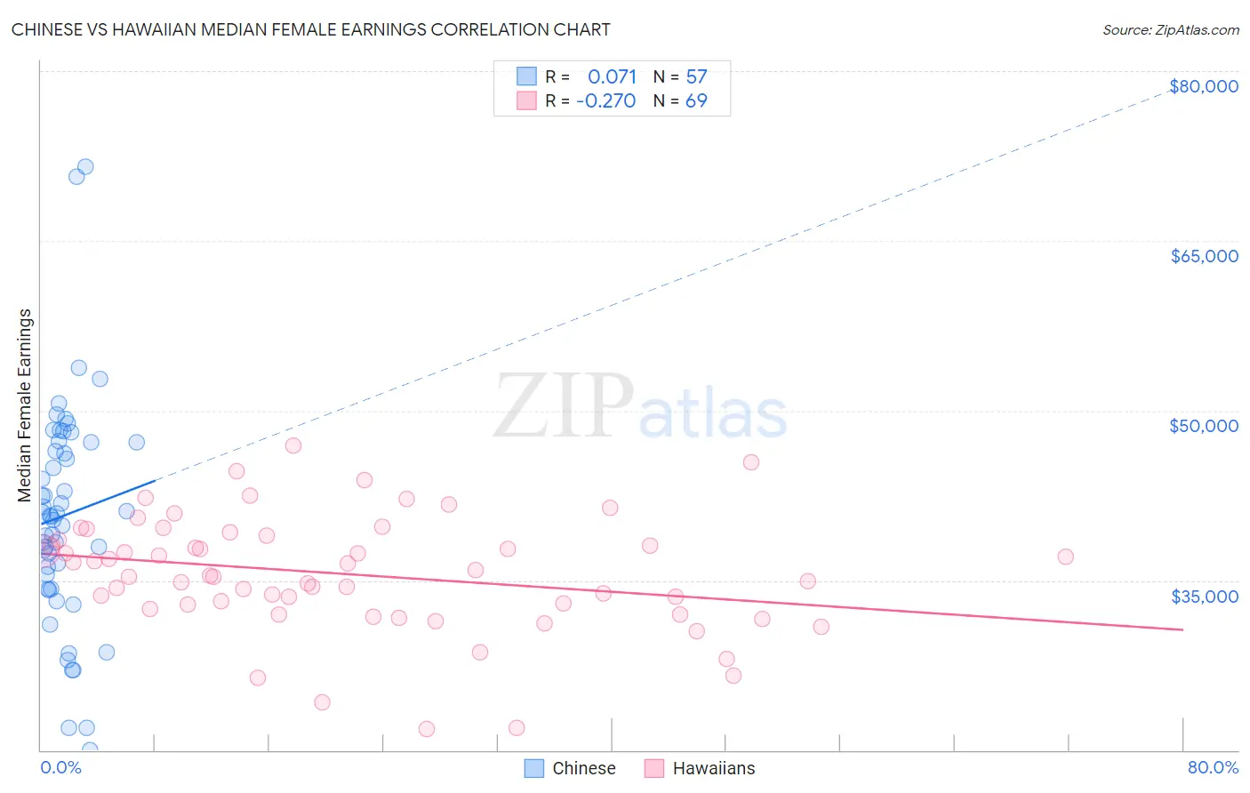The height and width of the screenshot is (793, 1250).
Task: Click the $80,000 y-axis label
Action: click(1204, 86)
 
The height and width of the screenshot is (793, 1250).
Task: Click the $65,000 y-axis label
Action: click(1204, 256)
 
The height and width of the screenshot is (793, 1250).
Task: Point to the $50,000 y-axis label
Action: click(1204, 426)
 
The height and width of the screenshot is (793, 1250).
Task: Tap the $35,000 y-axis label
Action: click(1204, 596)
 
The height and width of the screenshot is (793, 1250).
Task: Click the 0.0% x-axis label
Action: click(60, 767)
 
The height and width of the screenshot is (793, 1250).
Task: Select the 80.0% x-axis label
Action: click(1213, 767)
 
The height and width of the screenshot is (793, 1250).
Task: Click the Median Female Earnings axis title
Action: click(25, 405)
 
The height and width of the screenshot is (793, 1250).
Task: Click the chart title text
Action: click(310, 29)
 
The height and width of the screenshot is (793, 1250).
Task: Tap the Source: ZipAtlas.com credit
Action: click(1170, 30)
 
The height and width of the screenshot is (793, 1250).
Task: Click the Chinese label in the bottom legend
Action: click(583, 768)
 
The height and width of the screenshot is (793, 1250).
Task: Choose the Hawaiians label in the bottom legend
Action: click(713, 768)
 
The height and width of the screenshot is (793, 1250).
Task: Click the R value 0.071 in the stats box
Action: click(612, 77)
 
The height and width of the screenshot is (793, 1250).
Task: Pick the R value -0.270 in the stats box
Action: click(606, 101)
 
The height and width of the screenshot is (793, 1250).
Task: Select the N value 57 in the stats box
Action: click(696, 77)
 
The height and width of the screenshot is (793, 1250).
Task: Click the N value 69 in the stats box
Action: click(696, 101)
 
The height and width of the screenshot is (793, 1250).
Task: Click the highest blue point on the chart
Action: click(85, 166)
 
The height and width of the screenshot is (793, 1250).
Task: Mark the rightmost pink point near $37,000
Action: click(1065, 557)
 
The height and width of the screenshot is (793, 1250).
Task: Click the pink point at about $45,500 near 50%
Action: click(751, 462)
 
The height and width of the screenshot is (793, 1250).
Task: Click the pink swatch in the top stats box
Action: click(526, 100)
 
